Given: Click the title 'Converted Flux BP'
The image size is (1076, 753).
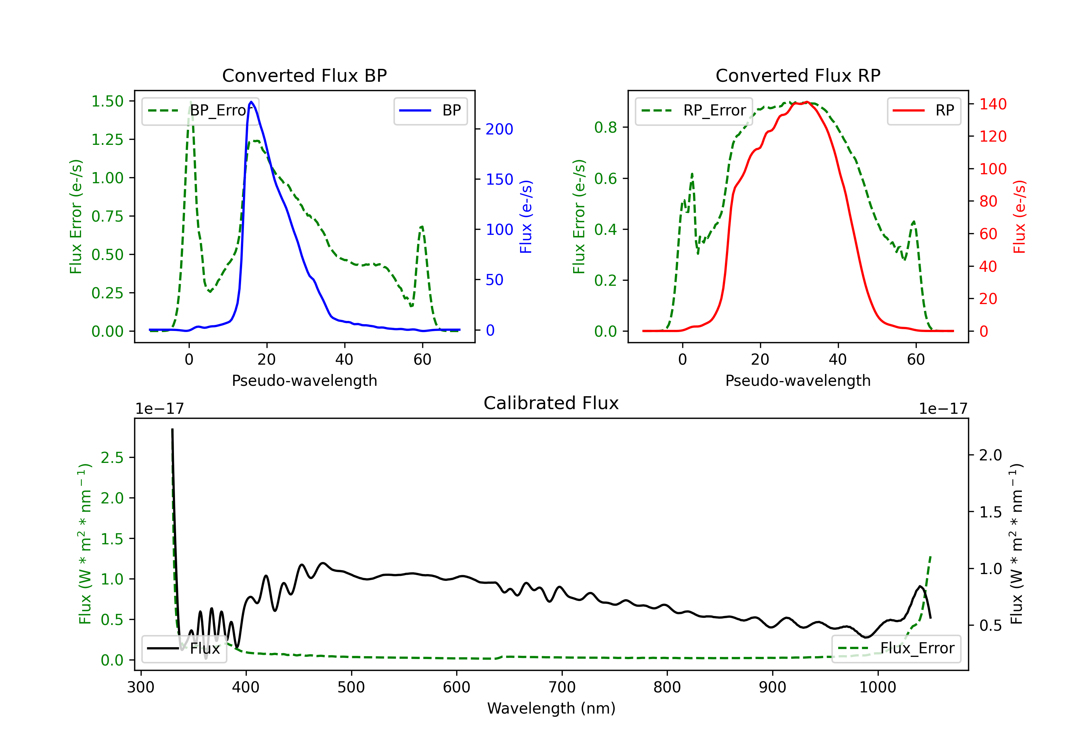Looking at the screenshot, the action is coord(304,75).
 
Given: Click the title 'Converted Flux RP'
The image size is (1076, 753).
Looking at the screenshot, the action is coord(798,75).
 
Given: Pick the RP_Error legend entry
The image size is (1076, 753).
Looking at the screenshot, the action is coord(694,110).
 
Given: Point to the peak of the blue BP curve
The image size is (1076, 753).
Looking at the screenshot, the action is coord(251,102).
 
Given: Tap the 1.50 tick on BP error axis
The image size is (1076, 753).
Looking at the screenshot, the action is coord(107,101).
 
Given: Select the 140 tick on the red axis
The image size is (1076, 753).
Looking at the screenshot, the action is coord(992,104).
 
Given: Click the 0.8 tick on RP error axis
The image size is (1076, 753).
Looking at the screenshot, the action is coord(605,127).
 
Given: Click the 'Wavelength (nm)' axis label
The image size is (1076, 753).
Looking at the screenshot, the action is coord(551,708).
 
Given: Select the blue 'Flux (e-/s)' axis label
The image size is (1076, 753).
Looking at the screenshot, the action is coord(526,217).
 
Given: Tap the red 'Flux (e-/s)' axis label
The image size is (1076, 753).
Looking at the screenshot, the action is coord(1019,217).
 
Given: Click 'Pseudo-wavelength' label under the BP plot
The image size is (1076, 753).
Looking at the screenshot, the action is coord(304,380).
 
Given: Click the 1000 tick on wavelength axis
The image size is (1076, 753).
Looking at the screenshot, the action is coord(877,687).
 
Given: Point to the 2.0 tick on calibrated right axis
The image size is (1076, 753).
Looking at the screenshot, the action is coord(990,455).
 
